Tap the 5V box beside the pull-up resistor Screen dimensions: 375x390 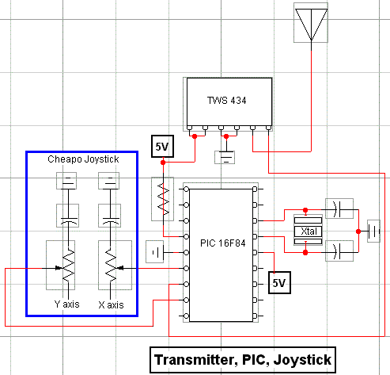coord(161,147)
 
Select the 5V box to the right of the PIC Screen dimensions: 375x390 coord(277,281)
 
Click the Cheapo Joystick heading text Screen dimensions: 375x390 coord(83,159)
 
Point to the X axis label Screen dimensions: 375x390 coord(112,304)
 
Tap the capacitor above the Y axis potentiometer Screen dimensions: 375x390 coord(67,215)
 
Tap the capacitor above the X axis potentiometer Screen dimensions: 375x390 coord(112,215)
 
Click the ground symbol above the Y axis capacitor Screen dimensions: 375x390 coord(67,182)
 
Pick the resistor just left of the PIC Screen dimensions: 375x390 coord(163,197)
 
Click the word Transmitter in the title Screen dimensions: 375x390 coord(191,359)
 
